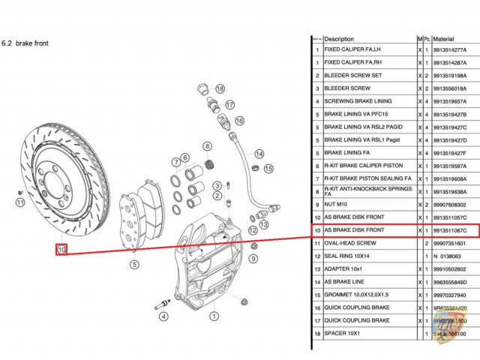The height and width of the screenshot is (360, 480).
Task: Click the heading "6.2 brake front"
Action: pos(26,43)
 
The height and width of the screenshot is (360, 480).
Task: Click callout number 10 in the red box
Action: pos(61,249)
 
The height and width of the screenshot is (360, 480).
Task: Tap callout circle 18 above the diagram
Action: pos(220,88)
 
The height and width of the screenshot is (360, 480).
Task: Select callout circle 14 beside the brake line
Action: pos(259,153)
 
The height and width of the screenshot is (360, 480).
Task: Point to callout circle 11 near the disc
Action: pos(20,202)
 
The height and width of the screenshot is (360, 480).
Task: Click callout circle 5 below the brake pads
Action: pos(134,263)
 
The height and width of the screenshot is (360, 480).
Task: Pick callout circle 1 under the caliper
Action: pos(213,316)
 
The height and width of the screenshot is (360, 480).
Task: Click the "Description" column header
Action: pos(339,38)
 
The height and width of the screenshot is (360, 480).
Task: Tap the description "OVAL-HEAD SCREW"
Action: pos(350,243)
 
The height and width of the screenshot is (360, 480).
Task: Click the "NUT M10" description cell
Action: pos(336,205)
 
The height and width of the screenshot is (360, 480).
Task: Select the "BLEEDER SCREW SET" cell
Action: pos(352,76)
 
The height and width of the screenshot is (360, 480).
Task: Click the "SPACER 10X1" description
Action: pos(342,333)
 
